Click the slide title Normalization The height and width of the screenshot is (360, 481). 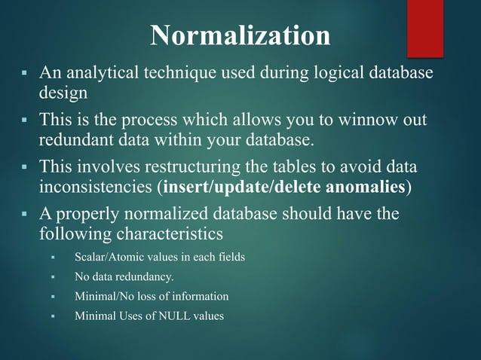[x=240, y=35]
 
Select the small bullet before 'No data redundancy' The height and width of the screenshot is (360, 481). [x=54, y=277]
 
